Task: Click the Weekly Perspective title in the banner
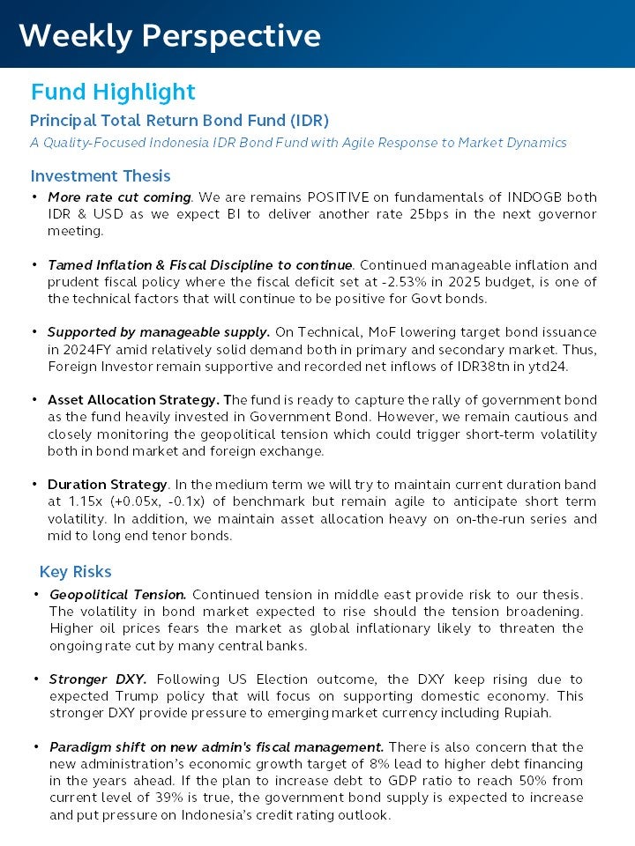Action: pos(169,35)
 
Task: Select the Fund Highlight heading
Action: pos(113,92)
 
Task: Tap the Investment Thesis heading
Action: pos(101,175)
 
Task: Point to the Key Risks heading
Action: pos(76,572)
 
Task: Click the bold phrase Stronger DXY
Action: pos(98,679)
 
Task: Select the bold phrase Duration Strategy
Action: pos(107,485)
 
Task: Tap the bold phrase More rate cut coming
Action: pos(119,197)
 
